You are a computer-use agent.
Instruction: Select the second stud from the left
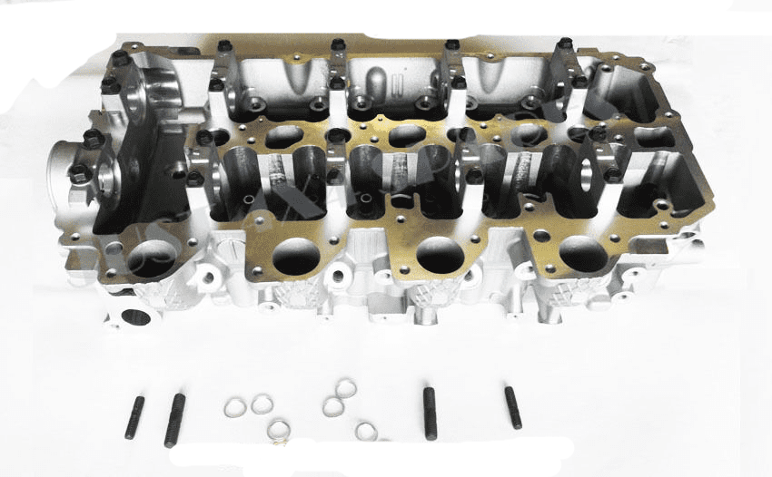click(x=173, y=420)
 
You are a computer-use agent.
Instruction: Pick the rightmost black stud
click(x=513, y=408)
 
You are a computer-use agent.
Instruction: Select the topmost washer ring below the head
click(x=345, y=389)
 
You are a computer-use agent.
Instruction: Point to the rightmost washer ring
click(x=367, y=431)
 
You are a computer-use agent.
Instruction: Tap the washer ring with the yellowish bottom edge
click(x=279, y=427)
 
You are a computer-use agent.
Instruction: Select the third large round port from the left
click(x=440, y=254)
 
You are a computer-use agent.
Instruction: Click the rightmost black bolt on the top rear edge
click(x=563, y=45)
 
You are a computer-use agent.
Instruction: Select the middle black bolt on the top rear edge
click(x=338, y=45)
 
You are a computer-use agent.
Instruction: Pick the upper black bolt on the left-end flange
click(x=91, y=138)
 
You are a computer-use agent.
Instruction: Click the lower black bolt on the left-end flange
click(x=81, y=174)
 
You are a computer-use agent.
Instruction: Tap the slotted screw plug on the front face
click(x=229, y=245)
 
